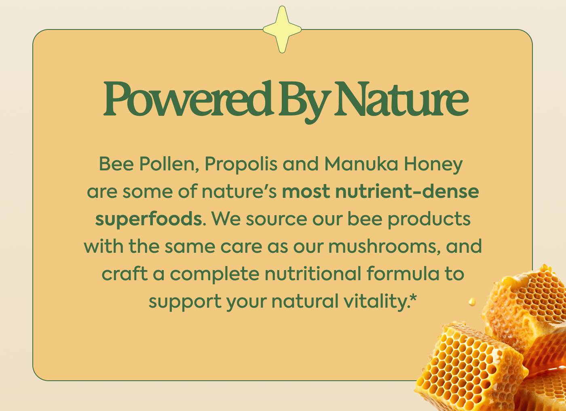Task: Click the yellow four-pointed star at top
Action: tap(282, 29)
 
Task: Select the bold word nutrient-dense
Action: tap(407, 191)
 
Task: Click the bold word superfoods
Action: tap(148, 219)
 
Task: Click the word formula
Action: tap(402, 274)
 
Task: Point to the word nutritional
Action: tap(313, 274)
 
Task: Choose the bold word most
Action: tap(306, 191)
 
